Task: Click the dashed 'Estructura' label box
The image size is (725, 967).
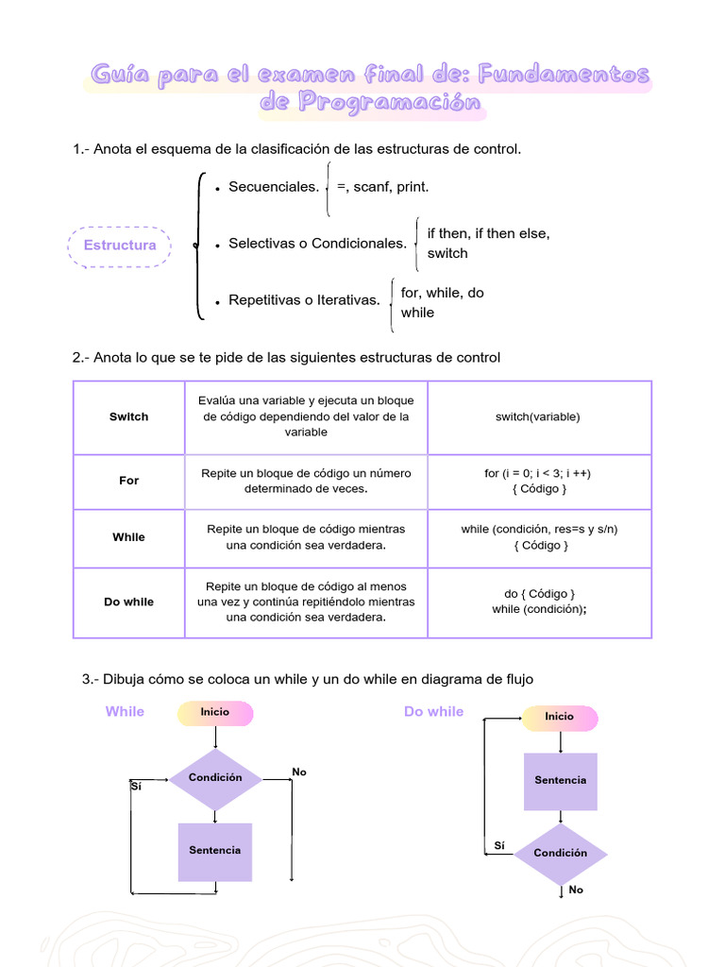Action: click(120, 246)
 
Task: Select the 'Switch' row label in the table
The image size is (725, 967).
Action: click(128, 416)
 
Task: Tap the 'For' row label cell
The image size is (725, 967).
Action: click(128, 481)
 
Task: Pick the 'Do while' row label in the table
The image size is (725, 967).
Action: click(128, 602)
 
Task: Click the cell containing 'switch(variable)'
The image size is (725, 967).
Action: click(538, 416)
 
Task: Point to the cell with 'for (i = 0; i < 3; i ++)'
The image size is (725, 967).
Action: click(538, 481)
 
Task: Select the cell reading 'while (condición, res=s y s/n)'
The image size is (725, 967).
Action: click(540, 537)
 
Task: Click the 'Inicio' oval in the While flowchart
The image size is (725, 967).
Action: click(215, 712)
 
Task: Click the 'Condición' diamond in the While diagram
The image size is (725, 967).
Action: click(215, 778)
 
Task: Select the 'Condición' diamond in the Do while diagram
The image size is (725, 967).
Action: click(560, 853)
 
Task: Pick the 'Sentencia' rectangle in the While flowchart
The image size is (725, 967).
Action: click(215, 851)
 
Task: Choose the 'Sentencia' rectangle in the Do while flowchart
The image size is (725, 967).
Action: click(560, 781)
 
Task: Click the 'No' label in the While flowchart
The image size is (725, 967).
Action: click(299, 772)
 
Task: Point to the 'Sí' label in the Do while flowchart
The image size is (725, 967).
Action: click(499, 846)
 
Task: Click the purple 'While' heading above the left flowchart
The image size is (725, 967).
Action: click(125, 712)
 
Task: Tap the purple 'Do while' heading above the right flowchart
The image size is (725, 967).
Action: click(433, 712)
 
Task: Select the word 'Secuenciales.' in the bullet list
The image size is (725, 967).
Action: click(274, 187)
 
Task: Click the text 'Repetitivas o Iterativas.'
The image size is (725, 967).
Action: click(304, 301)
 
